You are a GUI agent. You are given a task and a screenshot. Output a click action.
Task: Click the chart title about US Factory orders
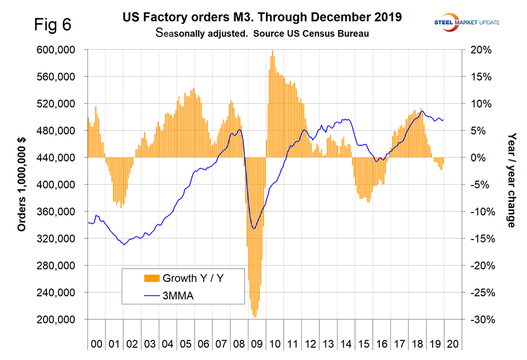click(270, 18)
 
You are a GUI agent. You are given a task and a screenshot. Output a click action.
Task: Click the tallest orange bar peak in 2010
click(273, 52)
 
